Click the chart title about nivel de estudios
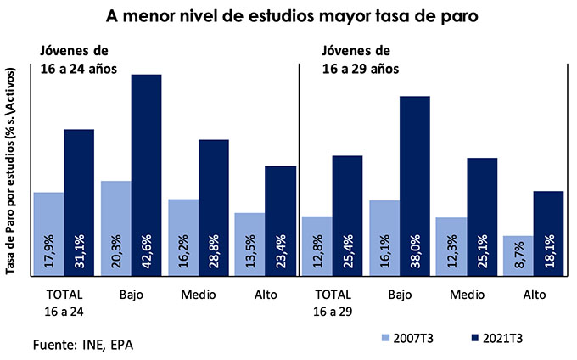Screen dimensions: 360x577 [x=288, y=16]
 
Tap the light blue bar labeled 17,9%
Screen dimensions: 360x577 [x=48, y=233]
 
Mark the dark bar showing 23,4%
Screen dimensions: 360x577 [x=280, y=220]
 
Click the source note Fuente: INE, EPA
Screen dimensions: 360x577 [x=82, y=346]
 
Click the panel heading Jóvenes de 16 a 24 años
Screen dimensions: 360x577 [x=76, y=59]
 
